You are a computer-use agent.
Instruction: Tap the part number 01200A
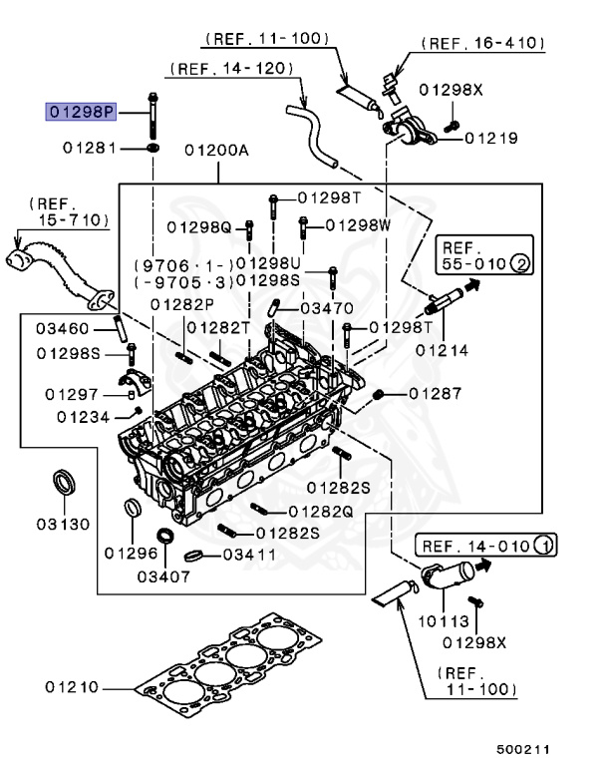[215, 151]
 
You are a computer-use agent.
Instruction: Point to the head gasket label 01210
[71, 687]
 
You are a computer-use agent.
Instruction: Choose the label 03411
[243, 555]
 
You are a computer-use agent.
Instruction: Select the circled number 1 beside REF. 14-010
[544, 545]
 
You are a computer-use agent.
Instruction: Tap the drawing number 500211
[523, 748]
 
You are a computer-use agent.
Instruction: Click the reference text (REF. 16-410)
[482, 43]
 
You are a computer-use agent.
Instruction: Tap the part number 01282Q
[321, 511]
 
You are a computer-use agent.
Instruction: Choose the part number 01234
[84, 417]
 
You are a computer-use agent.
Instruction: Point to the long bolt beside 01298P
[154, 115]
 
